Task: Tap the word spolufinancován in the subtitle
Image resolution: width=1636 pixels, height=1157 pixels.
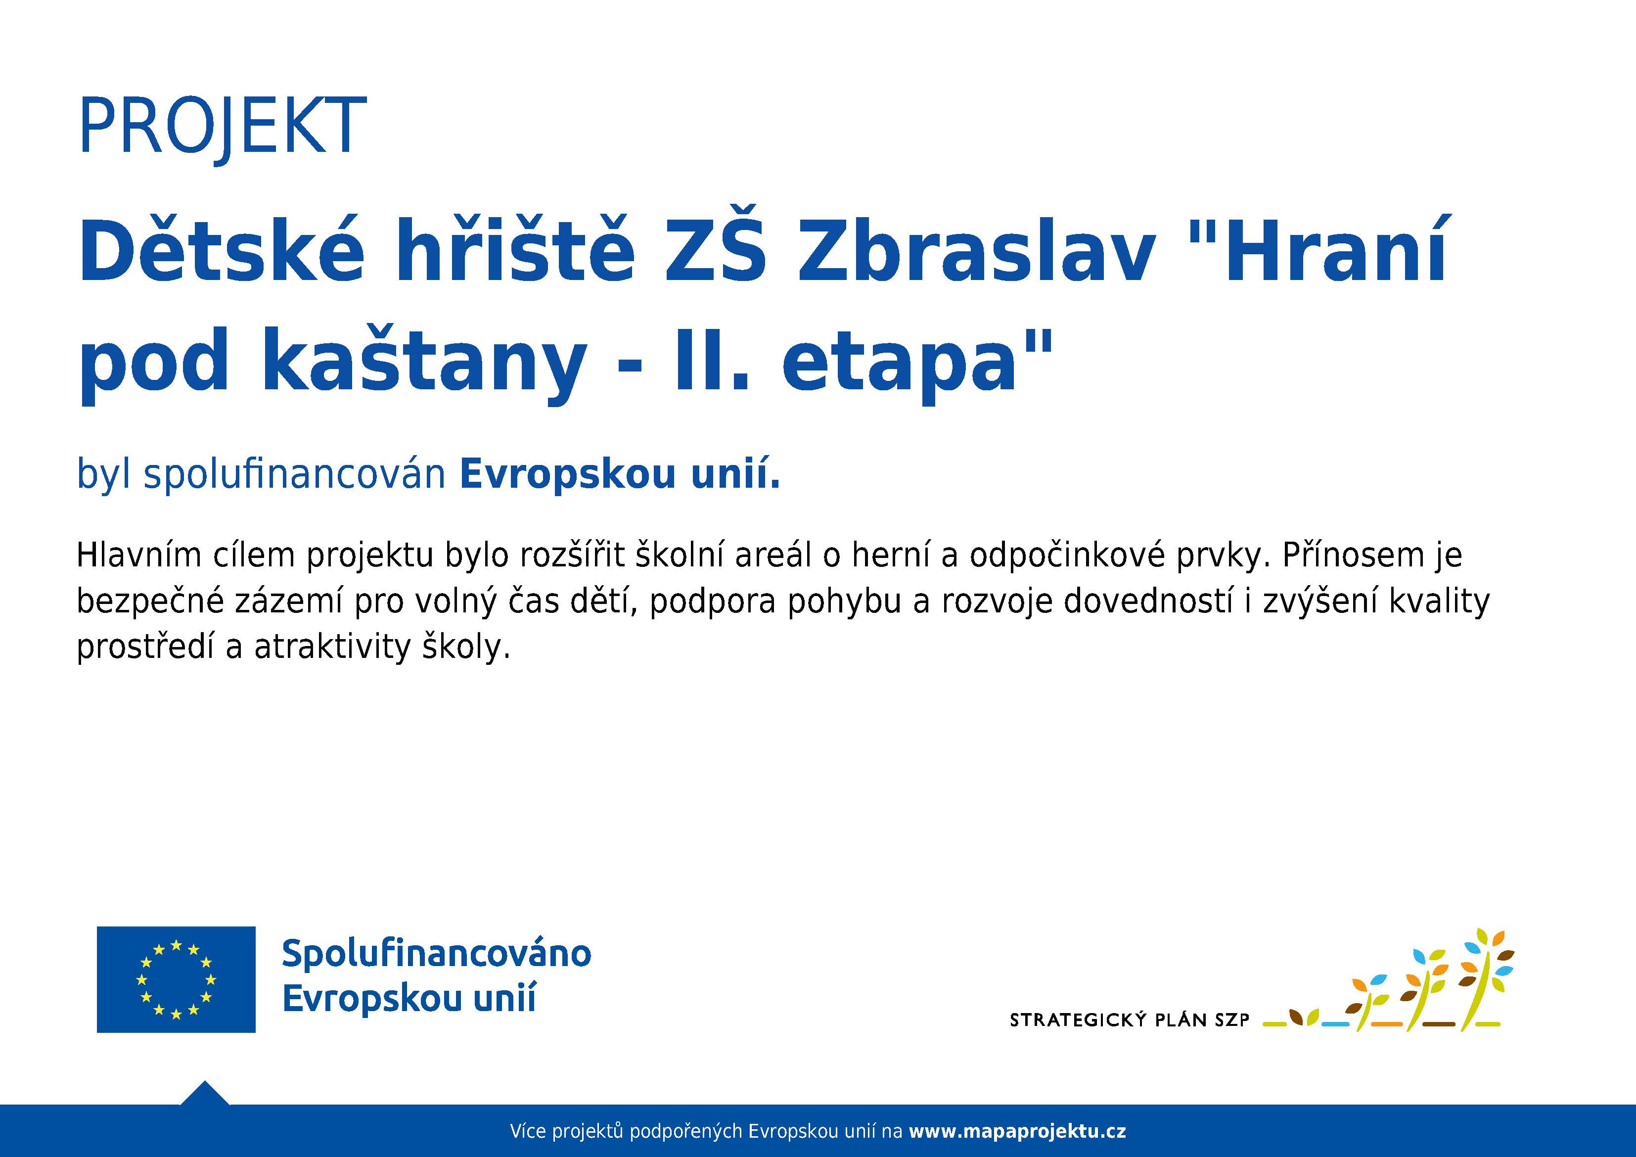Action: click(295, 474)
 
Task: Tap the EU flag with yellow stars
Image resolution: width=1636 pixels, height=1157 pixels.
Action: click(176, 979)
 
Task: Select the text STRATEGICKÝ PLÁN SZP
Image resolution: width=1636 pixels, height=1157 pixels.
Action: click(1130, 1020)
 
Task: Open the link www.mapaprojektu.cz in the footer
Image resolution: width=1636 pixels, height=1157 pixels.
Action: click(1017, 1131)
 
